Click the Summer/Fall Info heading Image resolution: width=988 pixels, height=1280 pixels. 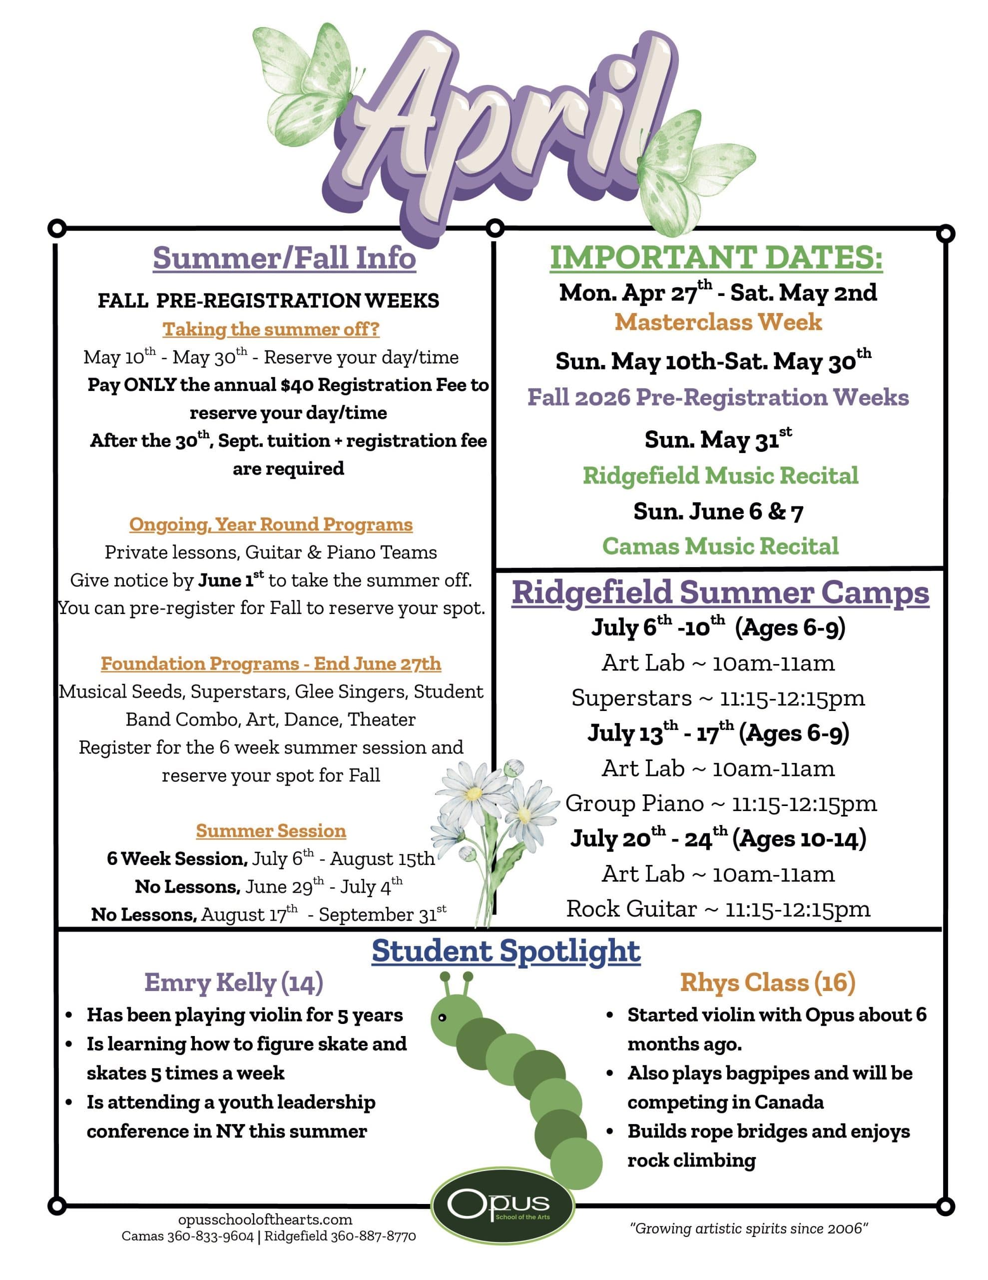pos(284,258)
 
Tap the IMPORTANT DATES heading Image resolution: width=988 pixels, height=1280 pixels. pos(716,258)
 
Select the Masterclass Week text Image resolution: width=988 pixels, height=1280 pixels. pos(718,322)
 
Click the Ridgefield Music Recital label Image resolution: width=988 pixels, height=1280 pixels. pos(720,475)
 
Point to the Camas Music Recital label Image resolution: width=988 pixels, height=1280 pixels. pos(720,546)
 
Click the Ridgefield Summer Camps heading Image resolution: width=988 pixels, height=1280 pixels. pos(720,592)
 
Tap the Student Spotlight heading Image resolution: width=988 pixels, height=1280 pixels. pos(505,951)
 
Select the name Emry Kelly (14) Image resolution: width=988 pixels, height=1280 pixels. pos(234,983)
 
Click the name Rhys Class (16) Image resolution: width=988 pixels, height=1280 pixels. pos(767,983)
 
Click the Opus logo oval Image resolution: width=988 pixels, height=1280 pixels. pos(502,1206)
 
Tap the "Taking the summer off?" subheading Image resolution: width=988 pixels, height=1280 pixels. pos(271,329)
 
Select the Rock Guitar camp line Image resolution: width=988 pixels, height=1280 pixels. pos(718,909)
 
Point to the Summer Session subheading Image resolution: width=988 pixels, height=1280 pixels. pos(271,831)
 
